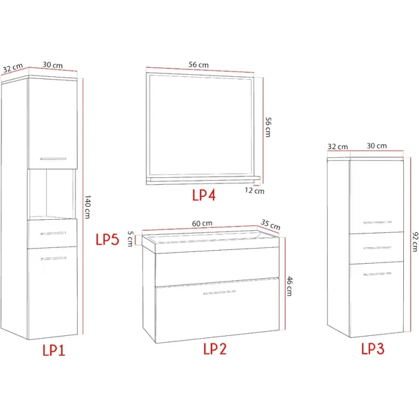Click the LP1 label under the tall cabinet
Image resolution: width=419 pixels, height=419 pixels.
point(54,350)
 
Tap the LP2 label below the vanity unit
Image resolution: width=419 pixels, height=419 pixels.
point(215,349)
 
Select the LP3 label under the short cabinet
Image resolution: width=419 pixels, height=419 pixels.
point(373,349)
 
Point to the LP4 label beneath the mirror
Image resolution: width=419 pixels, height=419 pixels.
point(204,195)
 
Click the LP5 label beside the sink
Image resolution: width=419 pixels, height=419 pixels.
point(107,239)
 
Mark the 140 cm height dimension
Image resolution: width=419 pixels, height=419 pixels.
point(87,207)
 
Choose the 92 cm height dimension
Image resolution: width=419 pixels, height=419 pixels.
point(415,242)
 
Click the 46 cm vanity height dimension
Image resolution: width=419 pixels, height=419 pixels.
point(289,286)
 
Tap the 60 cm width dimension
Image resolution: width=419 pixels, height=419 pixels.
point(202,223)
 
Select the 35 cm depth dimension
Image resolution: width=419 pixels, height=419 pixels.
point(271,225)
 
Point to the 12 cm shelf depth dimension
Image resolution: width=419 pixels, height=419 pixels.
point(255,190)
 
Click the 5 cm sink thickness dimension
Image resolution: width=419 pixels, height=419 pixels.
point(130,238)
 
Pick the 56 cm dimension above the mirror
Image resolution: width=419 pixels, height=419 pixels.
point(199,65)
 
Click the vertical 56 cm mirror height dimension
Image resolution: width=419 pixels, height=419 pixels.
point(268,127)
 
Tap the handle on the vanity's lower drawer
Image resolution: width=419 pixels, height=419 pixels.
point(220,293)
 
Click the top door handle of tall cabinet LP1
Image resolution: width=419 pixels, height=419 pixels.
point(53,159)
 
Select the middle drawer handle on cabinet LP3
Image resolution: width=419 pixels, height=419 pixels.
point(377,248)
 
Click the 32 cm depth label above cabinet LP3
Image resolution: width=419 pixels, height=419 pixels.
point(338,147)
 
